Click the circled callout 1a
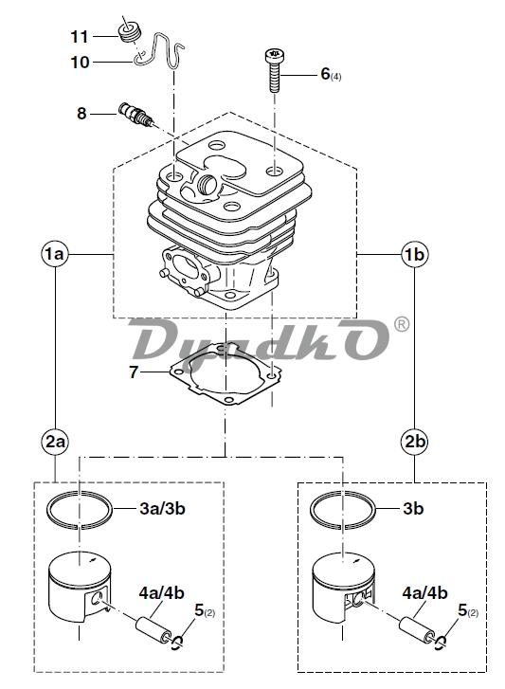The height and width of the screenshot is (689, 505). [55, 254]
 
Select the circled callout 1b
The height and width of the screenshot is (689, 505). [415, 254]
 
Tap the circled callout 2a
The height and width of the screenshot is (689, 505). [55, 442]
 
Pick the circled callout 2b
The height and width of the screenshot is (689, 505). [415, 442]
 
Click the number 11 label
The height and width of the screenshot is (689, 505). [80, 36]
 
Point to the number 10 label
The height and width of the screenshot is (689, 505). [80, 63]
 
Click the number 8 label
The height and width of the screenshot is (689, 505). [81, 114]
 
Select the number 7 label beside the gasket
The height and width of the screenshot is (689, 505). [134, 372]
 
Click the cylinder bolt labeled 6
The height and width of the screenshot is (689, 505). [273, 70]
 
